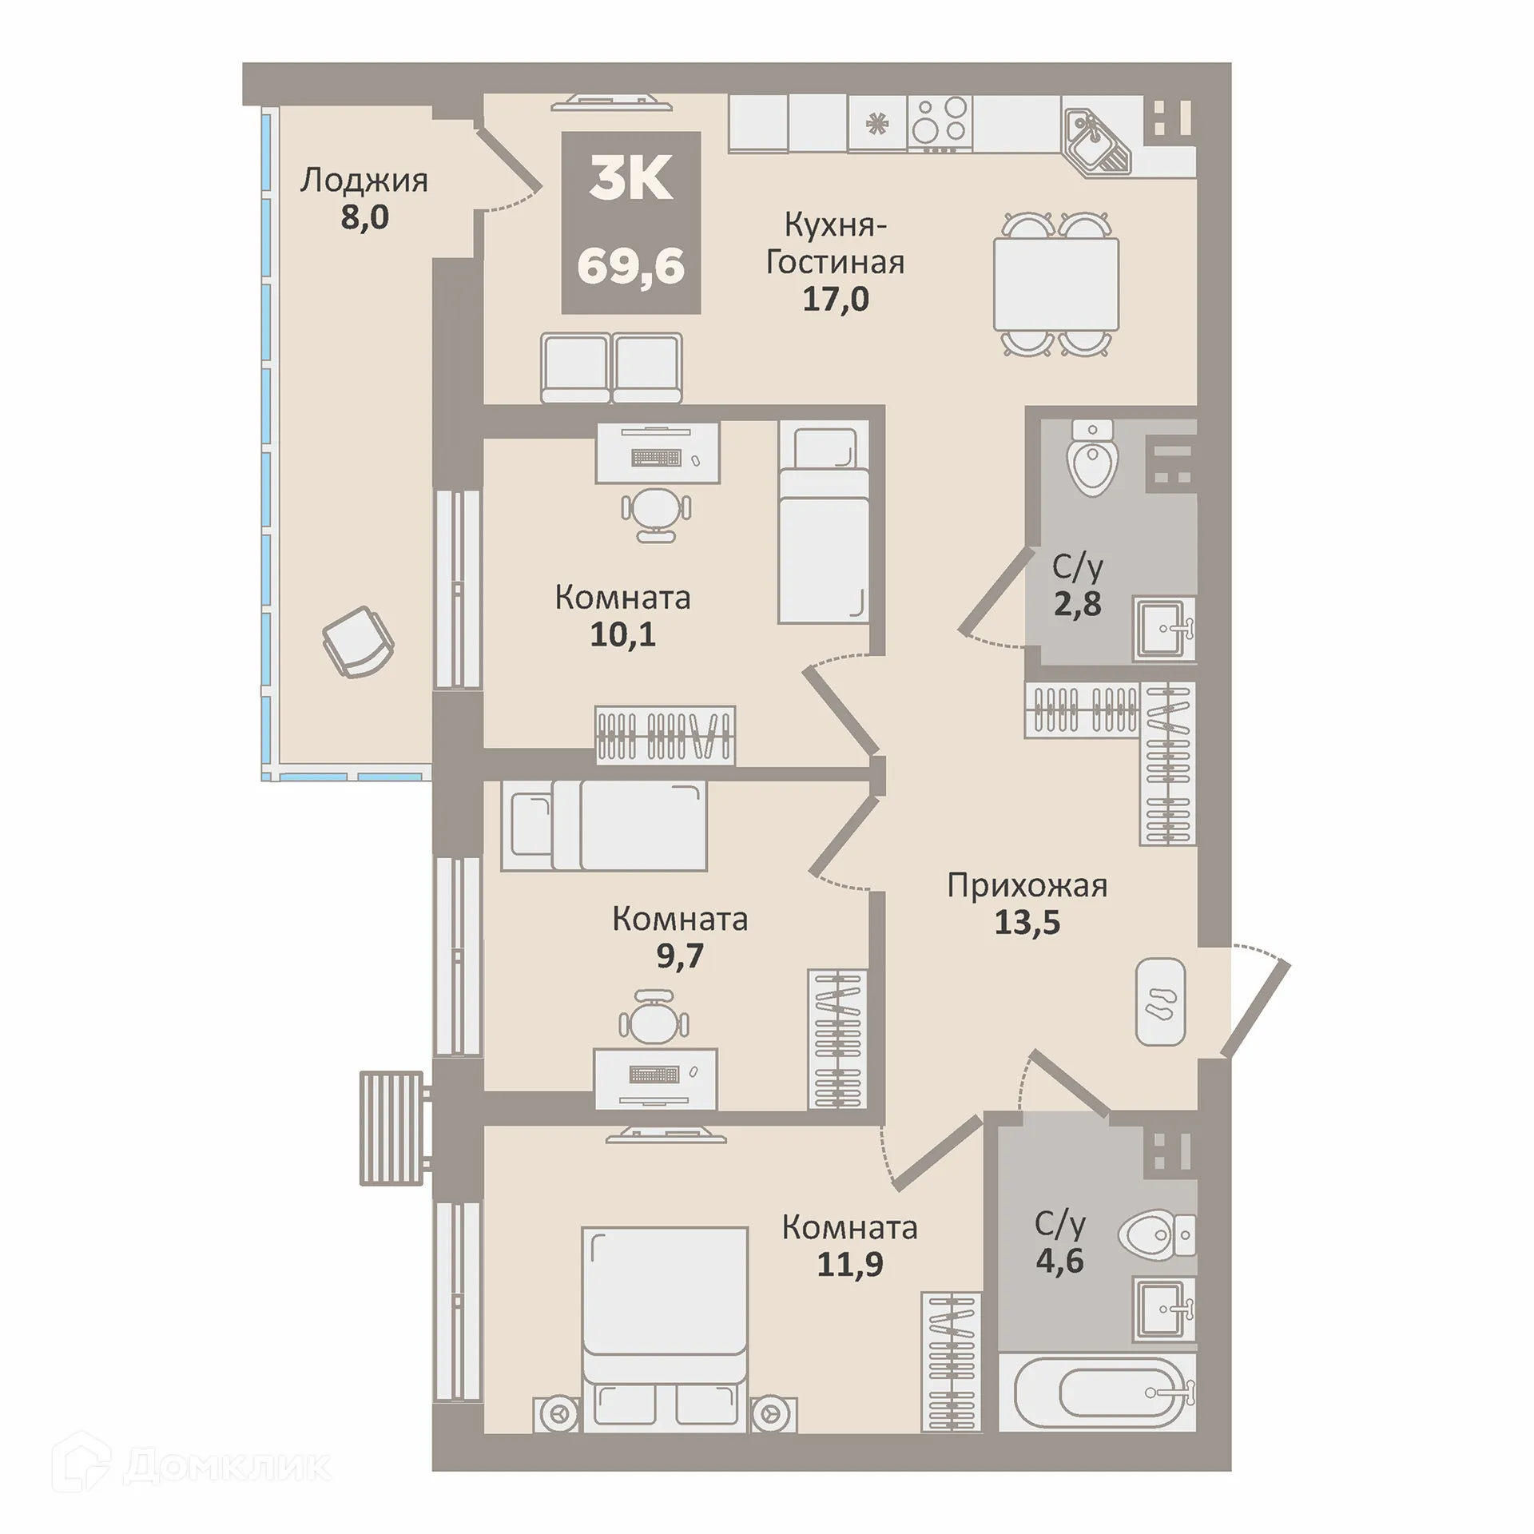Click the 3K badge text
point(631,181)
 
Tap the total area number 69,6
point(631,265)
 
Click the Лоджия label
point(364,181)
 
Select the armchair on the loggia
point(358,642)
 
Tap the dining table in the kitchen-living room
point(1055,284)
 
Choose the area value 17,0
point(836,299)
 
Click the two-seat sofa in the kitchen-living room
point(612,368)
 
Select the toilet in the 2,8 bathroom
point(1094,458)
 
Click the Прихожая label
point(1027,886)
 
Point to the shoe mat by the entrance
point(1161,1002)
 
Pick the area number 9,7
point(680,956)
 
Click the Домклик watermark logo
point(191,1465)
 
